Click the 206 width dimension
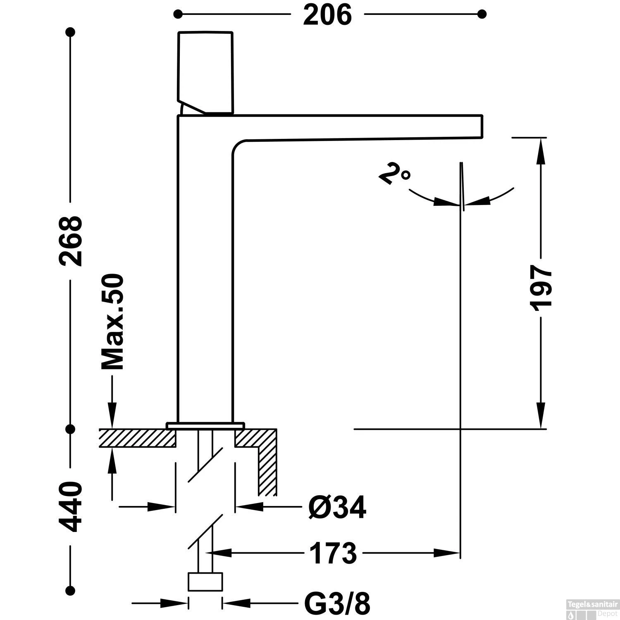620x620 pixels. coord(327,15)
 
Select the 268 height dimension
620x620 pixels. coord(71,241)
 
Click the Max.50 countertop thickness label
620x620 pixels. coord(112,322)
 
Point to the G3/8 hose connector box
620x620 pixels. coord(205,582)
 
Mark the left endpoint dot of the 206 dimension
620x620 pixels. coord(178,14)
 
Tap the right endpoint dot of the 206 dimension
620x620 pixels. coord(482,14)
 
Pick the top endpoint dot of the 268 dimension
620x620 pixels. coord(71,32)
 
